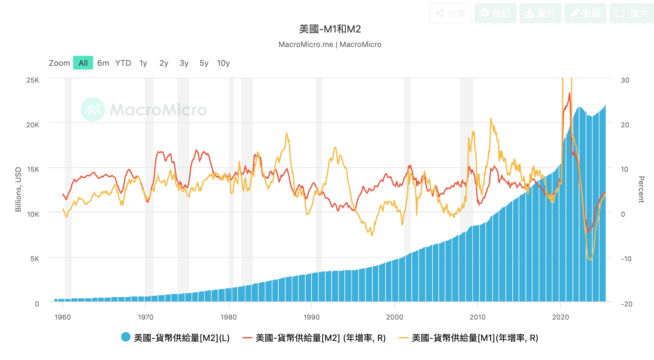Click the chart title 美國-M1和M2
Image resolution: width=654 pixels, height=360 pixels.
click(330, 29)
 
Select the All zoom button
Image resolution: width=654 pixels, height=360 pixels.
click(83, 63)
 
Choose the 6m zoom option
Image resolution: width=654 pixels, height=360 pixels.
click(103, 63)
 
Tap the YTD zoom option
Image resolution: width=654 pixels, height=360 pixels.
click(123, 63)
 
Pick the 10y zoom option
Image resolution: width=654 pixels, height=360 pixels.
click(223, 63)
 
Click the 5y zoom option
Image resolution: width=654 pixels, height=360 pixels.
click(204, 63)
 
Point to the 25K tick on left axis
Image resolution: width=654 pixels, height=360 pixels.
click(33, 80)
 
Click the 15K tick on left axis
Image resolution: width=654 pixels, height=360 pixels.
click(33, 169)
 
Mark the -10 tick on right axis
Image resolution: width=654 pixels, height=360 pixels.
click(626, 259)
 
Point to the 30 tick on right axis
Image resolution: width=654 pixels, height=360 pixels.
click(625, 80)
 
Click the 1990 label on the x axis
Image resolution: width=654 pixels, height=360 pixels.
click(311, 317)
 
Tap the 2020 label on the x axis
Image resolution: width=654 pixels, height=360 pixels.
click(560, 317)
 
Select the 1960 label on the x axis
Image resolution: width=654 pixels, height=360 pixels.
click(63, 317)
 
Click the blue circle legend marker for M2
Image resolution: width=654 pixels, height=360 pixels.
click(126, 337)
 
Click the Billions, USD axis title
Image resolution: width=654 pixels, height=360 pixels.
click(18, 189)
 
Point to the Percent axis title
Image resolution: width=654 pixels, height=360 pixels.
click(641, 189)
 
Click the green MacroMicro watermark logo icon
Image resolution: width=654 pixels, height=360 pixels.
click(93, 109)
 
